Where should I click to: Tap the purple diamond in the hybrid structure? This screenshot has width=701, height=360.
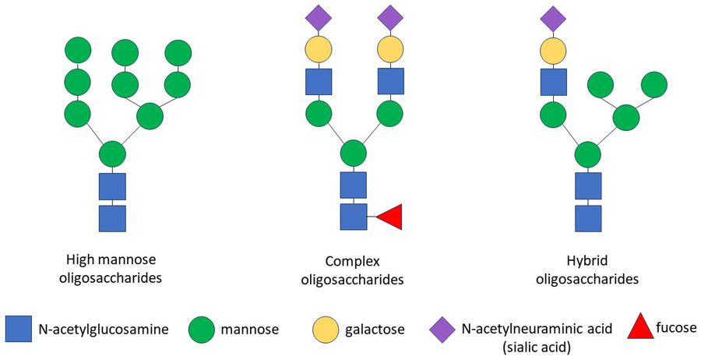click(553, 18)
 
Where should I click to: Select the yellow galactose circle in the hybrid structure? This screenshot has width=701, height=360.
click(553, 51)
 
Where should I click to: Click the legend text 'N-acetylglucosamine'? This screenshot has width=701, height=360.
click(101, 330)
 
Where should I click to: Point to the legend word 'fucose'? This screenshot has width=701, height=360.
click(677, 329)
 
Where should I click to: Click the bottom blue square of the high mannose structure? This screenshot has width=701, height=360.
click(112, 217)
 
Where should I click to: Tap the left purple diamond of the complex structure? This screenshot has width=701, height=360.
click(319, 18)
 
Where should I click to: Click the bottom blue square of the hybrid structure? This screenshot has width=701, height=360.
click(588, 217)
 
